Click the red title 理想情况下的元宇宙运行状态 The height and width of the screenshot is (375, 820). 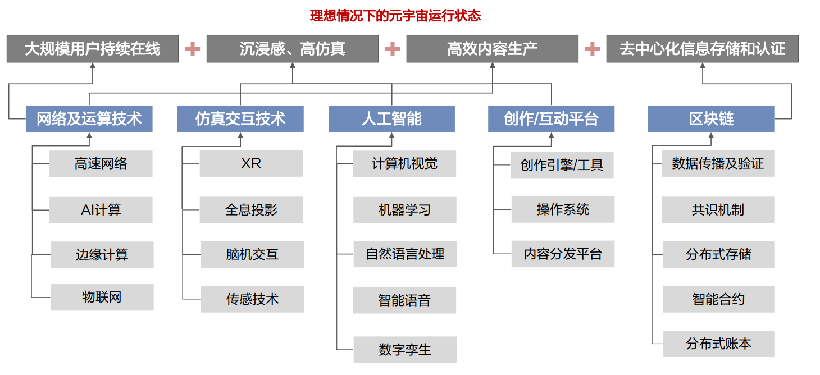pyautogui.click(x=395, y=16)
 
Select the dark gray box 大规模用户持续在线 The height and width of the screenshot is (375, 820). pyautogui.click(x=93, y=49)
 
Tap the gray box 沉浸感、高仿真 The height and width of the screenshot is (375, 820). pyautogui.click(x=293, y=49)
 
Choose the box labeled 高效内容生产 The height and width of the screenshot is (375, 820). pyautogui.click(x=493, y=49)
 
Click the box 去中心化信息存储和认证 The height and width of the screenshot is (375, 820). pyautogui.click(x=703, y=49)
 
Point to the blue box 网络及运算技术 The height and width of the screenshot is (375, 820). pyautogui.click(x=89, y=118)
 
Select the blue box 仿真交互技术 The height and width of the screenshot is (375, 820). pyautogui.click(x=240, y=118)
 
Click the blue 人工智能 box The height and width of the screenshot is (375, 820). pyautogui.click(x=391, y=118)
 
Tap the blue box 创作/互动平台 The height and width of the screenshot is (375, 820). pyautogui.click(x=552, y=118)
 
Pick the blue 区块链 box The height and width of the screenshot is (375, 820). pyautogui.click(x=711, y=118)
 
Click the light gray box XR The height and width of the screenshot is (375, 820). pyautogui.click(x=251, y=163)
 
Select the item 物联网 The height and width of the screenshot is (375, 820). pyautogui.click(x=102, y=297)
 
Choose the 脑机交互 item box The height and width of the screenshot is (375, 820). pyautogui.click(x=252, y=254)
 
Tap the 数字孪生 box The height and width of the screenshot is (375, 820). pyautogui.click(x=405, y=349)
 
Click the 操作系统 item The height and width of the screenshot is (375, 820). pyautogui.click(x=563, y=209)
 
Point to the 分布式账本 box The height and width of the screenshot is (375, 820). pyautogui.click(x=718, y=344)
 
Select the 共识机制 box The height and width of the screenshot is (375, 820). pyautogui.click(x=718, y=210)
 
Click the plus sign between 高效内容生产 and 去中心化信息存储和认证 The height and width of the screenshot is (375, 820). pyautogui.click(x=593, y=49)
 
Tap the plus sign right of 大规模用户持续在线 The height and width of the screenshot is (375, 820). pyautogui.click(x=193, y=49)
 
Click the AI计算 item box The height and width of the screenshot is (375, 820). pyautogui.click(x=101, y=210)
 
